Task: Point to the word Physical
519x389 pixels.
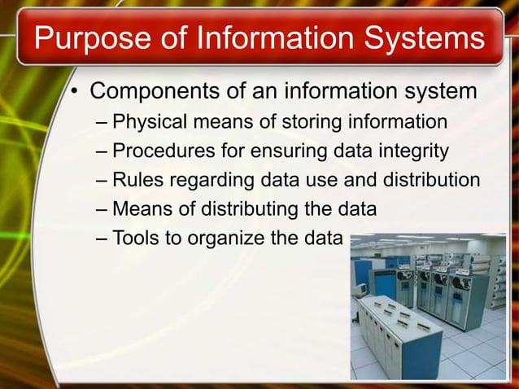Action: pos(150,123)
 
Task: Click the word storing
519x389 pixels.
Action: pos(314,123)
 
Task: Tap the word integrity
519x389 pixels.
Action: pos(416,151)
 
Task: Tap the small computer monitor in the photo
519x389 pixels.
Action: pos(359,288)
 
